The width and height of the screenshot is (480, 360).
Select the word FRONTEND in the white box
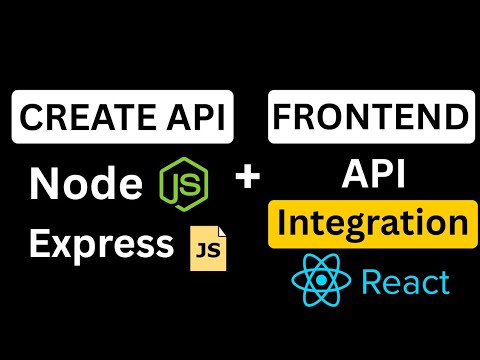point(369,118)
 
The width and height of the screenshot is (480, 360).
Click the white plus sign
point(246,179)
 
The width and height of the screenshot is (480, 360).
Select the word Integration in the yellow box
point(369,223)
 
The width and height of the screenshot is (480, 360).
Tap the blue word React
point(404,283)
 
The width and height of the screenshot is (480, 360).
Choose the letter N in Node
point(45,184)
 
